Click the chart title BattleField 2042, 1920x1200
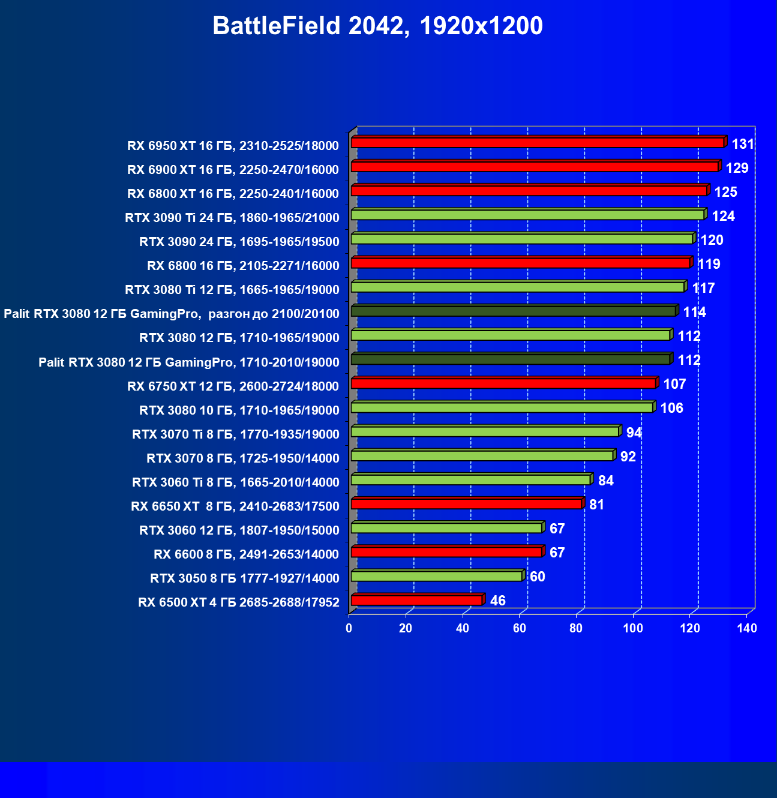[x=377, y=26]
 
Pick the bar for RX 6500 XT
[x=416, y=600]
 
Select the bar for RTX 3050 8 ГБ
[x=436, y=576]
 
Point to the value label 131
[x=743, y=144]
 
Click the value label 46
[x=498, y=601]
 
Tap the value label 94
[x=634, y=433]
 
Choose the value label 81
[x=596, y=505]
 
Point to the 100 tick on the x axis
[x=633, y=628]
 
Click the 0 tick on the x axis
[x=349, y=628]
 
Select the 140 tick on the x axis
[x=747, y=628]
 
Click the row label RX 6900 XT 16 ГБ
[x=233, y=170]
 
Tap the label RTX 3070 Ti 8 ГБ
[x=235, y=434]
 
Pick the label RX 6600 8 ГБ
[x=246, y=554]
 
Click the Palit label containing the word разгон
[x=172, y=314]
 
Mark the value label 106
[x=672, y=408]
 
